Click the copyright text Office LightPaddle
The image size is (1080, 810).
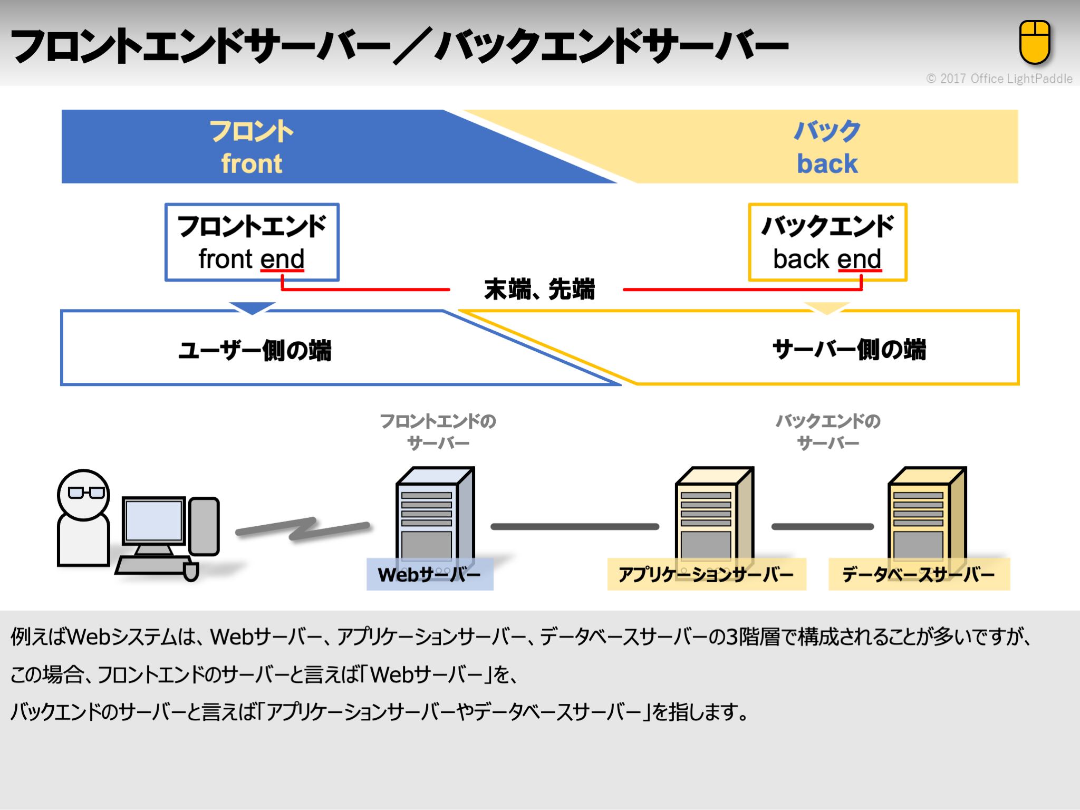999,79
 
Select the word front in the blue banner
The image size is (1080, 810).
252,163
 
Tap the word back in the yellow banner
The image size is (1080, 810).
827,163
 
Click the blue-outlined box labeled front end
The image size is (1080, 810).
252,242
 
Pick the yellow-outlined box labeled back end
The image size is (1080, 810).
827,242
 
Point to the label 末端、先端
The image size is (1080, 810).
539,289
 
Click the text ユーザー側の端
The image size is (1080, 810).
255,350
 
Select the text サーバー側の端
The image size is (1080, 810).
849,349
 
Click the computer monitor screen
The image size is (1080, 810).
153,520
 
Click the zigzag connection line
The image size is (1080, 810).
302,528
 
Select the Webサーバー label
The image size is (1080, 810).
429,574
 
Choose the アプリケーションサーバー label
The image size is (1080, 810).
706,574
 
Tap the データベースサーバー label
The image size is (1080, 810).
919,574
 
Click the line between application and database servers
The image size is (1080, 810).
822,526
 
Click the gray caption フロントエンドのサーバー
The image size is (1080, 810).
438,431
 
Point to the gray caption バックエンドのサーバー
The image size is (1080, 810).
828,431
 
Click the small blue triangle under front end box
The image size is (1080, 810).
252,307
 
